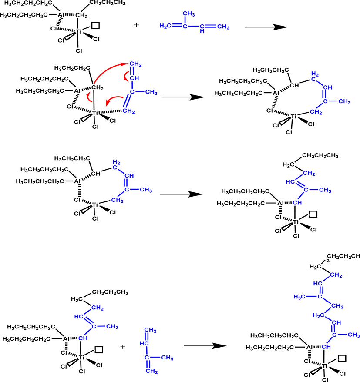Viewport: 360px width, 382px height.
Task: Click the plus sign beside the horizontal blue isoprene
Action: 137,25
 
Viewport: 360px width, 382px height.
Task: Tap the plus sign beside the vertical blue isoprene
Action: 123,347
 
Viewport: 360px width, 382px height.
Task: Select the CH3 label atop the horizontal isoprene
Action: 189,14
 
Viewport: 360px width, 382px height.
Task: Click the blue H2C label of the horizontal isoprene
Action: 165,26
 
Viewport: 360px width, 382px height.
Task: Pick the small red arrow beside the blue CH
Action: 126,76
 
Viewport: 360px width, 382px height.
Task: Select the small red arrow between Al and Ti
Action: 89,97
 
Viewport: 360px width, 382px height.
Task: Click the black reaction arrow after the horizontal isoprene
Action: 266,27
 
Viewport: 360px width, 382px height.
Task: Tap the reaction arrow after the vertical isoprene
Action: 205,346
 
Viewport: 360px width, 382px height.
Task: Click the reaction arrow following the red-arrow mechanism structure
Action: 183,97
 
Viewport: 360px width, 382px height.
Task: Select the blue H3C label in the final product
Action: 299,297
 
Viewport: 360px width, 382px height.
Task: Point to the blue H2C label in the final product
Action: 318,315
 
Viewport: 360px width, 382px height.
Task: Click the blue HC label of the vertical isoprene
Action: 144,343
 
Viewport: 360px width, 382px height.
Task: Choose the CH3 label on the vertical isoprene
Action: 167,358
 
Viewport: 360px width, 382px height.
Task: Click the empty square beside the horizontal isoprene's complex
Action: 95,26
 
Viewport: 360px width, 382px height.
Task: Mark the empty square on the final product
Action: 342,359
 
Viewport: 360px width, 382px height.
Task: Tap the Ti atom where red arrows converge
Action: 94,113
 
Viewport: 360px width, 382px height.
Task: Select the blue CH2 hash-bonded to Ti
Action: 129,111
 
